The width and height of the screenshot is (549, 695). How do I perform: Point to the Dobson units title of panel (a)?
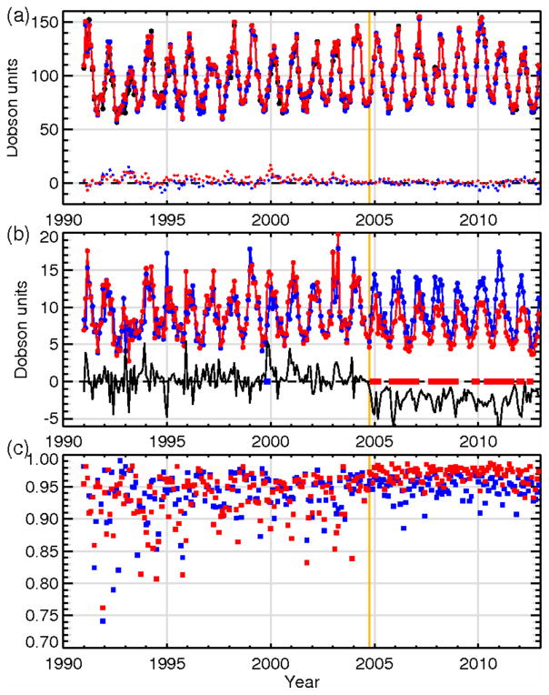click(x=14, y=109)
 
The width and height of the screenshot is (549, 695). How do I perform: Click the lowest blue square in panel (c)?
click(x=103, y=620)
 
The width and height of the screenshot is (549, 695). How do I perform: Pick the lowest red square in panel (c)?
click(x=103, y=608)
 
